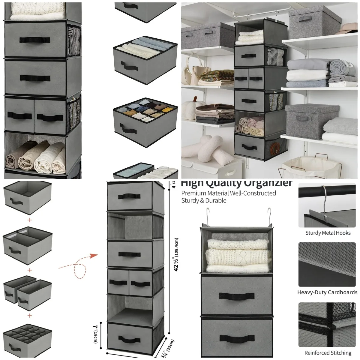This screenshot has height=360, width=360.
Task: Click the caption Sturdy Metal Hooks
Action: [328, 232]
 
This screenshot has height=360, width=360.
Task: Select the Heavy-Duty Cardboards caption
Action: [327, 292]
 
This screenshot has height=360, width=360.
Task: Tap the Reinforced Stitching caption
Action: [328, 352]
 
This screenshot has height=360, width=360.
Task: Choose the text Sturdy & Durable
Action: [204, 201]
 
